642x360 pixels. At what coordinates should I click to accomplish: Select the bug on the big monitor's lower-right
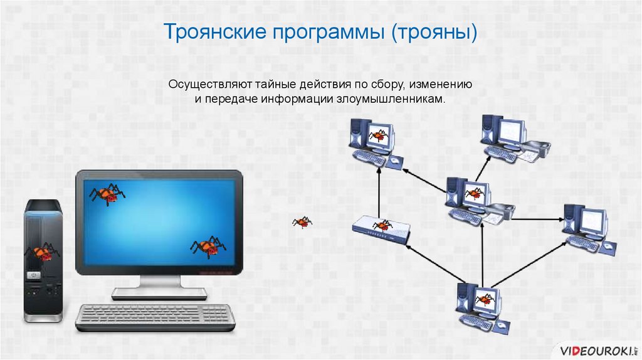point(208,246)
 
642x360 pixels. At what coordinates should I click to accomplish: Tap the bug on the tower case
point(42,252)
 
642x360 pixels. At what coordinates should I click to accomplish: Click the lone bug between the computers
point(302,221)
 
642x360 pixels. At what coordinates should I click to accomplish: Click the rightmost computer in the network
point(586,226)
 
